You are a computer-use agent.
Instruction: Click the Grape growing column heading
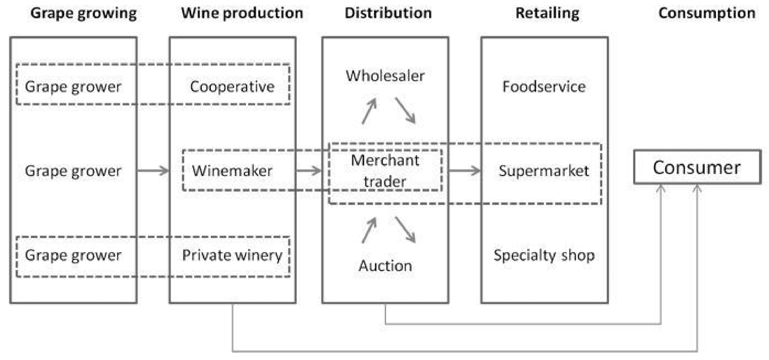pyautogui.click(x=84, y=13)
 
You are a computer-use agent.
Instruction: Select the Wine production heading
pyautogui.click(x=242, y=13)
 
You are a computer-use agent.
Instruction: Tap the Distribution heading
pyautogui.click(x=388, y=13)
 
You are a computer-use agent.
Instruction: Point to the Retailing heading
pyautogui.click(x=548, y=13)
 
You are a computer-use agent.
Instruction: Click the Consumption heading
pyautogui.click(x=707, y=13)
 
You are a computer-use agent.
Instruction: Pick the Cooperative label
pyautogui.click(x=232, y=87)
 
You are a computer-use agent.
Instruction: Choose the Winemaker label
pyautogui.click(x=232, y=171)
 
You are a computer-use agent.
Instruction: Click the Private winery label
pyautogui.click(x=232, y=255)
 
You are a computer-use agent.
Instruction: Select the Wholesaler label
pyautogui.click(x=385, y=76)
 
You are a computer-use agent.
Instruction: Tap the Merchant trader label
pyautogui.click(x=385, y=171)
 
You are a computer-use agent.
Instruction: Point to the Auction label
pyautogui.click(x=385, y=265)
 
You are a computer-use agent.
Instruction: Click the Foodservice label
pyautogui.click(x=544, y=87)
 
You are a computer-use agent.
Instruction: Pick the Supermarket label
pyautogui.click(x=544, y=171)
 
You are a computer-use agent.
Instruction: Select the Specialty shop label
pyautogui.click(x=544, y=255)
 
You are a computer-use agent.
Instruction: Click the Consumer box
pyautogui.click(x=697, y=167)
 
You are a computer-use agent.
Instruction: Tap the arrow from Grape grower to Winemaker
pyautogui.click(x=153, y=171)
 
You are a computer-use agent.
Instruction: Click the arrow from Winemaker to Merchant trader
pyautogui.click(x=309, y=171)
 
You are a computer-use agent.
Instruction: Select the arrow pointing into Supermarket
pyautogui.click(x=465, y=171)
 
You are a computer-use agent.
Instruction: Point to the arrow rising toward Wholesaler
pyautogui.click(x=369, y=111)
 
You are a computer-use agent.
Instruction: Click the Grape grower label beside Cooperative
pyautogui.click(x=73, y=87)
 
